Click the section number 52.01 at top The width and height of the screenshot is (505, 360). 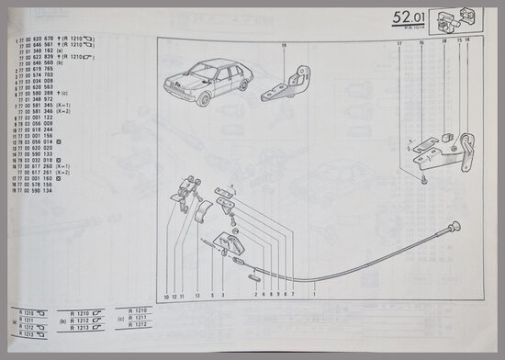click(409, 18)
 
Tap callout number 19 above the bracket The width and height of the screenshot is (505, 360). click(284, 46)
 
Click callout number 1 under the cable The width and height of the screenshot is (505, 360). click(314, 296)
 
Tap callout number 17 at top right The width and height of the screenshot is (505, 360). click(400, 43)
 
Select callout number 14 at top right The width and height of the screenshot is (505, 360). click(466, 43)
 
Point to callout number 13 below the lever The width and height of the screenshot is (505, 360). click(196, 296)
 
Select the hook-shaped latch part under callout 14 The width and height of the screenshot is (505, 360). click(466, 147)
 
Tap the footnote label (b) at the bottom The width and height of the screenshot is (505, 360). click(62, 322)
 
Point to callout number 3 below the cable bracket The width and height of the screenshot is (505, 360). click(222, 296)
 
